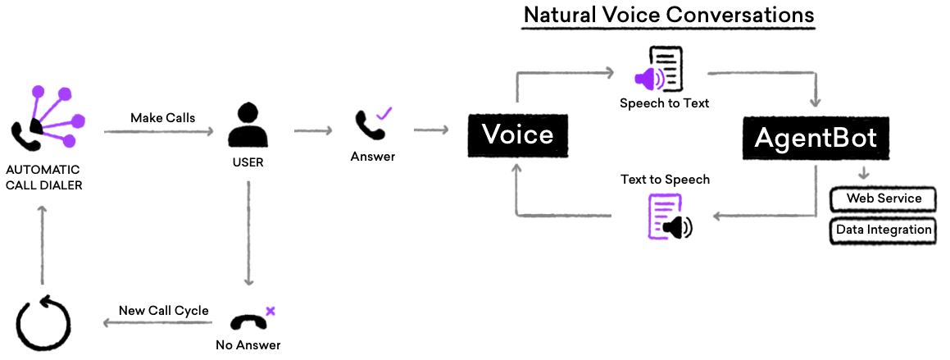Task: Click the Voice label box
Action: point(518,135)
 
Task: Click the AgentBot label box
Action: point(816,139)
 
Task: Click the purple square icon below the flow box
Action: point(666,216)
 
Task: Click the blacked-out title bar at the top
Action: point(668,14)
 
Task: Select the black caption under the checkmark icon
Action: point(372,156)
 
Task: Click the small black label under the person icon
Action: point(248,162)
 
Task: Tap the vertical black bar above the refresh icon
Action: point(42,244)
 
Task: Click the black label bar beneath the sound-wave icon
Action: point(664,104)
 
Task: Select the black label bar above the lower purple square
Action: point(665,180)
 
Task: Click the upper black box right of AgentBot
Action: point(883,199)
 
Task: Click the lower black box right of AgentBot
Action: point(883,231)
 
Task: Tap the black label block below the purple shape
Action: point(44,177)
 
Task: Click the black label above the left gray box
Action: point(163,118)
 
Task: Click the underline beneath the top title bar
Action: point(668,29)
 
